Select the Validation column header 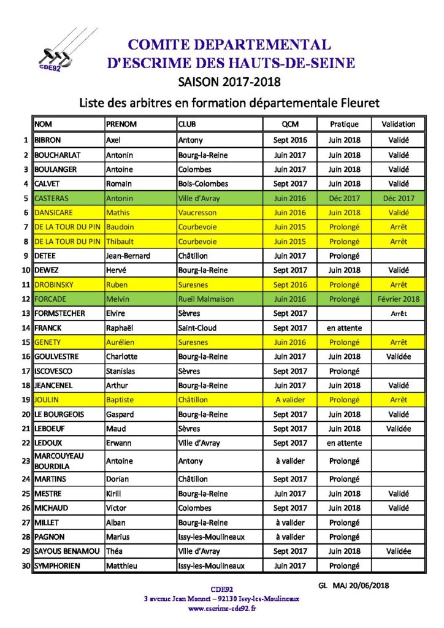click(398, 124)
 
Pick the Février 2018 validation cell click(398, 299)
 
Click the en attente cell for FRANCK click(344, 328)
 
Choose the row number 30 click(26, 565)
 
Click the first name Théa click(115, 551)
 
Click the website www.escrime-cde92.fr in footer click(221, 608)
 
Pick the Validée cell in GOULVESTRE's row click(398, 357)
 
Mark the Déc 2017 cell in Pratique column click(344, 198)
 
